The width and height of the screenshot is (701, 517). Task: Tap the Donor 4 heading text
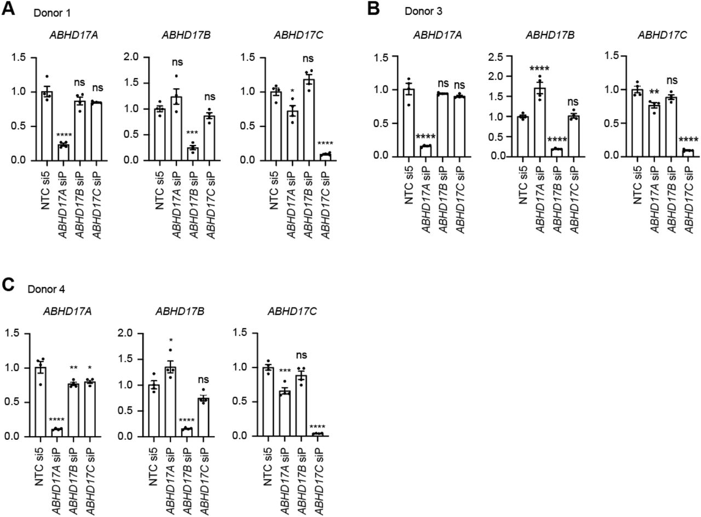pos(47,288)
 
